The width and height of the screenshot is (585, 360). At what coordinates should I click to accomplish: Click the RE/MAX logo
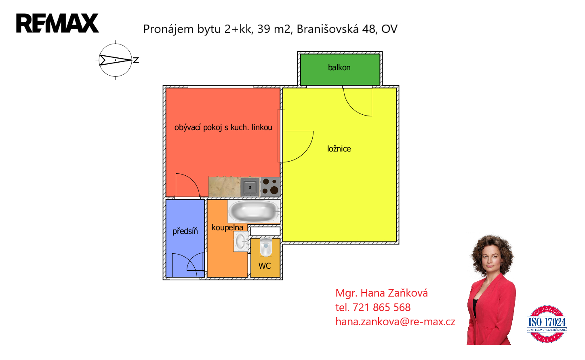[x=57, y=23]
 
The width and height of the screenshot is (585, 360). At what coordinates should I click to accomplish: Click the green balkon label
[x=339, y=67]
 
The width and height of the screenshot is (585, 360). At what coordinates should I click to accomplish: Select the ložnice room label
[x=339, y=149]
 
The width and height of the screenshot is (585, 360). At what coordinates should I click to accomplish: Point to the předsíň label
[x=185, y=231]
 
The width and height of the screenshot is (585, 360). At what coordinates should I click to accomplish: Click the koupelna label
[x=227, y=227]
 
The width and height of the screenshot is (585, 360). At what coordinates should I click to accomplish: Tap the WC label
[x=265, y=266]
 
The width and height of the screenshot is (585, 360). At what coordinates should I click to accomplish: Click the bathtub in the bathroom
[x=254, y=211]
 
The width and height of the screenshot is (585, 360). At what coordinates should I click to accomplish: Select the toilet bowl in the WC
[x=265, y=247]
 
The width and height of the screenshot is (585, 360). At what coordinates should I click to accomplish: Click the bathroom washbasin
[x=241, y=242]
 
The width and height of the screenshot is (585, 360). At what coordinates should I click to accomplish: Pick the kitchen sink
[x=250, y=187]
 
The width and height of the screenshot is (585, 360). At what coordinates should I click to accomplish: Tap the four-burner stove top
[x=270, y=187]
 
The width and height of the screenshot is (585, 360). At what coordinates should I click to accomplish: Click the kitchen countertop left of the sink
[x=224, y=187]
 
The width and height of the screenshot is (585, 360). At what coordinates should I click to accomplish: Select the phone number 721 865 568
[x=381, y=307]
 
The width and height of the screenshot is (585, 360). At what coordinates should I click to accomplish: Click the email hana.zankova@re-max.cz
[x=395, y=322]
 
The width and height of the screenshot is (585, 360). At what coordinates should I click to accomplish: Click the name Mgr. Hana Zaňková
[x=381, y=293]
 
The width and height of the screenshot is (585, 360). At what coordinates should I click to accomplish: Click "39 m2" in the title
[x=274, y=29]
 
